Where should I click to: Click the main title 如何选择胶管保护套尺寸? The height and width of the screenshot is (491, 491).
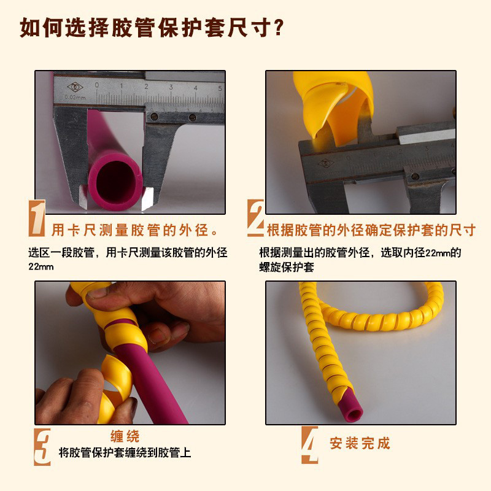click(153, 28)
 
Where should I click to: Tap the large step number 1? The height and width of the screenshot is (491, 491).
click(37, 219)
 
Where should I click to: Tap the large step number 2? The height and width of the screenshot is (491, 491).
click(255, 219)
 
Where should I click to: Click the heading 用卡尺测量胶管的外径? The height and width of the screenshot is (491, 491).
click(135, 231)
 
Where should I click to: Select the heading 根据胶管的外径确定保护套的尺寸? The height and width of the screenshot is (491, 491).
click(371, 231)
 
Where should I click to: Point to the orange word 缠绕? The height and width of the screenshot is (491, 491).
click(125, 436)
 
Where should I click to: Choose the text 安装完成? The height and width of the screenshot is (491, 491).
click(360, 443)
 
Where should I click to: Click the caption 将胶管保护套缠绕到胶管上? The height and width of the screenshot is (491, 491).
click(125, 454)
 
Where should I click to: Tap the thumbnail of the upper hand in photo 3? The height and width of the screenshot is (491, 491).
click(97, 293)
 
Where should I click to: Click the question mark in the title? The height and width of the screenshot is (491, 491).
click(277, 28)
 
